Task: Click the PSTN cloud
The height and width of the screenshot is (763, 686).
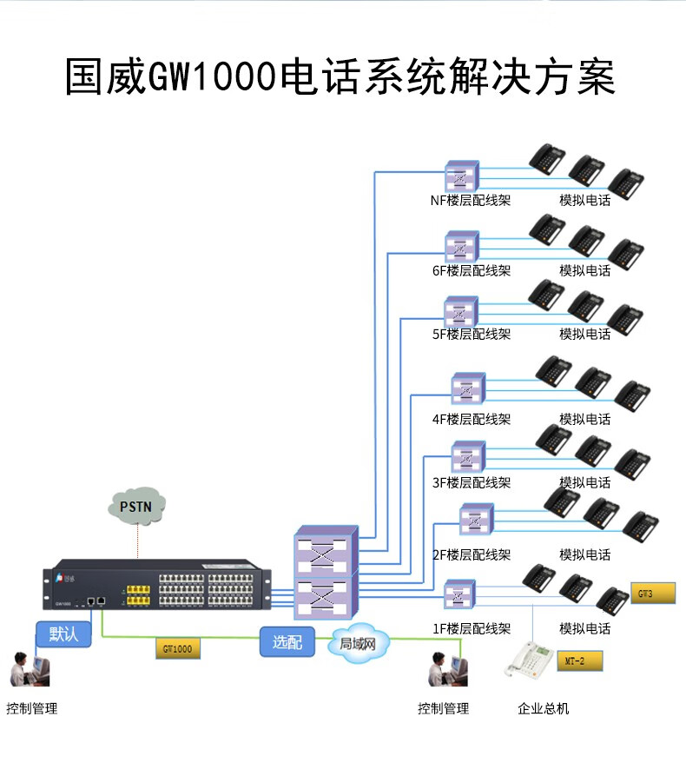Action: point(137,506)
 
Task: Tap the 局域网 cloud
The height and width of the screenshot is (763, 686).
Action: point(357,644)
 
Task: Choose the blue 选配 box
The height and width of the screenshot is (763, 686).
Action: point(287,642)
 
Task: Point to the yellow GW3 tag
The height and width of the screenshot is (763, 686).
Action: point(652,594)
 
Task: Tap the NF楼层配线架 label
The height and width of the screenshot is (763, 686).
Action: point(470,201)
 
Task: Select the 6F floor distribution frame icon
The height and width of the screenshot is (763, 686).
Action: point(461,247)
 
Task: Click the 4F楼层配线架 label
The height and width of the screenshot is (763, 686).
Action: point(472,419)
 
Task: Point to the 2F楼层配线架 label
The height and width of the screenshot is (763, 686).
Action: point(472,554)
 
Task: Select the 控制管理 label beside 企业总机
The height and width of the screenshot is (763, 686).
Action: point(443,708)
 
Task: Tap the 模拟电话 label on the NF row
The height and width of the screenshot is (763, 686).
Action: point(584,201)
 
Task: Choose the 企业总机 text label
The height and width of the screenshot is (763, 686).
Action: point(544,708)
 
